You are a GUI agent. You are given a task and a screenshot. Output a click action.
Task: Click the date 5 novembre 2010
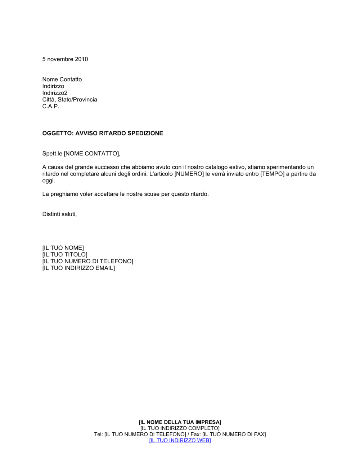pos(65,59)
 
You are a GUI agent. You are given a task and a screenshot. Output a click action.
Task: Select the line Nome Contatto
pos(62,79)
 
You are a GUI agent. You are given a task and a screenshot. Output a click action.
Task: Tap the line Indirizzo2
pos(55,93)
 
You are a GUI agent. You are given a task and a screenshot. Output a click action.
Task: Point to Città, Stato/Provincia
pos(69,100)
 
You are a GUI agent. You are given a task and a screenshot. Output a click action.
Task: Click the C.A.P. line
pos(50,106)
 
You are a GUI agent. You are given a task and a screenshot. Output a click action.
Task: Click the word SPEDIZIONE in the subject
pos(145,133)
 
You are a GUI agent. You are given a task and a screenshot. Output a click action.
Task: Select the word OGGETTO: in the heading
pos(58,133)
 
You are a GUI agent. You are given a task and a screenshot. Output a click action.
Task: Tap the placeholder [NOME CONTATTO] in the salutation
pos(91,154)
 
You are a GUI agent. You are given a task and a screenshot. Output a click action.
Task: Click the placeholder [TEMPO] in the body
pos(273,174)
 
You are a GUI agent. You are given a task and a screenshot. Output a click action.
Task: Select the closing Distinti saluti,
pos(59,214)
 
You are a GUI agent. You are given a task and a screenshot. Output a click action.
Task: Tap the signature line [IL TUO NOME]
pos(63,248)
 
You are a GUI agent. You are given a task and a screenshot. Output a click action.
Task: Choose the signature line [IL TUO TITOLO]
pos(65,255)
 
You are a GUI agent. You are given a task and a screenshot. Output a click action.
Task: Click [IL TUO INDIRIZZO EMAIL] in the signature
pos(78,268)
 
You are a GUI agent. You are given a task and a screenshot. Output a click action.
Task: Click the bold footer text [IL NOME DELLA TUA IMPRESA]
pos(180,422)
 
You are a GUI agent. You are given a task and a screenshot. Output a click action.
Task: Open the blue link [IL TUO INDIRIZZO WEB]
pos(180,441)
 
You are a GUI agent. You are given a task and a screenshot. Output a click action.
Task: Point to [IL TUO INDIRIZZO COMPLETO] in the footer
pos(180,428)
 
